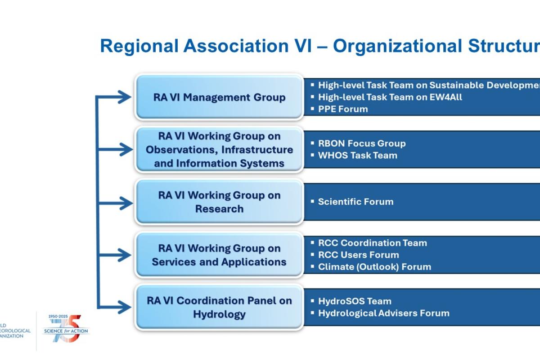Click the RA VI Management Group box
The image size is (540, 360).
tap(219, 97)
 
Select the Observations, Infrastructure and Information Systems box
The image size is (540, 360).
tap(219, 150)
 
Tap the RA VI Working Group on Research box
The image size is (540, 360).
tap(219, 202)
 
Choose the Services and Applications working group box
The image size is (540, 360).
tap(219, 255)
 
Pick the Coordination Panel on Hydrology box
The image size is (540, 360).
tap(219, 307)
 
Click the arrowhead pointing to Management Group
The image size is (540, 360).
tap(123, 96)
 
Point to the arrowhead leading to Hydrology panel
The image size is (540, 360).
tap(123, 307)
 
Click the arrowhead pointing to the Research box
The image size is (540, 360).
tap(123, 203)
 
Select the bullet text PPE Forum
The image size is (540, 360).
tap(343, 109)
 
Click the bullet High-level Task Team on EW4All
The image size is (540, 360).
tap(390, 97)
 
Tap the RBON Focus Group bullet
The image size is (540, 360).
tap(362, 144)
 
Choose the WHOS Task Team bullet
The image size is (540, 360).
tap(357, 156)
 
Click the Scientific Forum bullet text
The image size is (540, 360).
tap(355, 202)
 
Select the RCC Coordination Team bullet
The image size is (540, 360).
tap(372, 243)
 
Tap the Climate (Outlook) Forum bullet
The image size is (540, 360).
tap(374, 267)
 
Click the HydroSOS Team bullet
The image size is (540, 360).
tap(355, 301)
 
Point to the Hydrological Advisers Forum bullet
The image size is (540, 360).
tap(383, 313)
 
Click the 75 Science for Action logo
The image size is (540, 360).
tap(67, 330)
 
